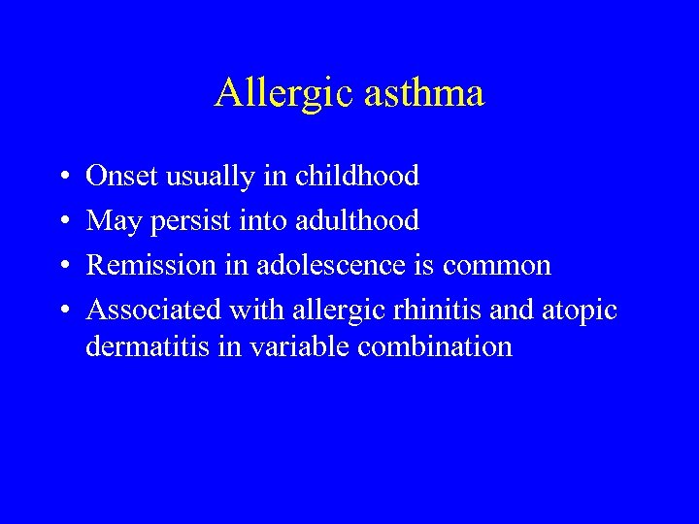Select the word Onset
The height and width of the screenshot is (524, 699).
coord(121,176)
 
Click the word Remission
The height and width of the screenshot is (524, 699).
coord(147,265)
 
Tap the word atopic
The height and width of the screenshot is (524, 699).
coord(579,311)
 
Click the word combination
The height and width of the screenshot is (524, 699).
coord(435,346)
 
